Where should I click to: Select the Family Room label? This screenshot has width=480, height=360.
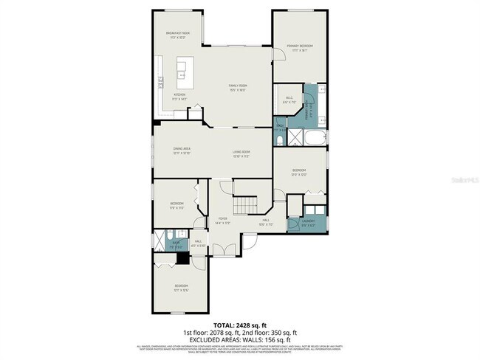[237, 87]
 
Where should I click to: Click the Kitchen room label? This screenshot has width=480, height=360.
[179, 97]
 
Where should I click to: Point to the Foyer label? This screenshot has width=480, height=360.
[223, 220]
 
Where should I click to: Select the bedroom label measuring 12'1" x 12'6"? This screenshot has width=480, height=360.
[182, 287]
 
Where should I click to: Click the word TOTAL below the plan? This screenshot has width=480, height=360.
[224, 323]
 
